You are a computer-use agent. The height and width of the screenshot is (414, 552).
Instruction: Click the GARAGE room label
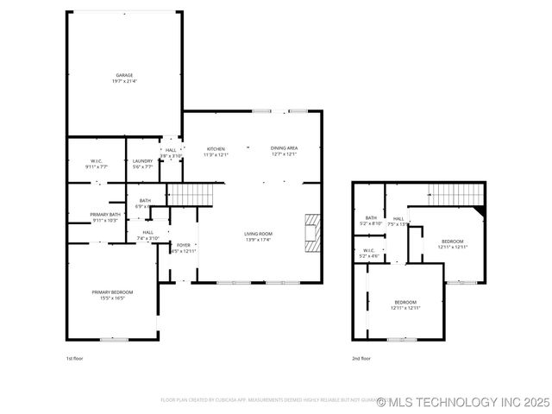125,75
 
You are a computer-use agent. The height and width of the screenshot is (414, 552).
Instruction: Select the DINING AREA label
285,148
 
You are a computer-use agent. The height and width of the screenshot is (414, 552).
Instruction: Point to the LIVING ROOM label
257,234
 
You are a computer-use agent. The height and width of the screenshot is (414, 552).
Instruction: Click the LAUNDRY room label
142,161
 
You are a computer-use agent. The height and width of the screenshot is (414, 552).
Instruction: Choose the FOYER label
184,245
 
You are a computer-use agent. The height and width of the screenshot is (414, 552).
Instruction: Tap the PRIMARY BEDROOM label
113,292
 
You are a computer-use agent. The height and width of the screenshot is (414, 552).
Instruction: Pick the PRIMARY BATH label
106,214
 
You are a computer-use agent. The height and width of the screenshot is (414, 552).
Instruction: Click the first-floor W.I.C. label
97,161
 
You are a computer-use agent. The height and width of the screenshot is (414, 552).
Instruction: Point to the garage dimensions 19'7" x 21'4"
125,81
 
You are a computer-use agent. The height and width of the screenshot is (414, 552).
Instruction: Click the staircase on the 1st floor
189,194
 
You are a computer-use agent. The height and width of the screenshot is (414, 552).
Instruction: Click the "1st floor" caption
75,358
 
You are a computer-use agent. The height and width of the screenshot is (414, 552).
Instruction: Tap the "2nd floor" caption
361,358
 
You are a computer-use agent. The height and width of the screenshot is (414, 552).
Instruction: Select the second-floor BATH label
371,218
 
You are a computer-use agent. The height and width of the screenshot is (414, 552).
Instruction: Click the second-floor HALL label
398,218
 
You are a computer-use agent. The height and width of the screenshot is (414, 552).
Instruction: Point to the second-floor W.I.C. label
368,251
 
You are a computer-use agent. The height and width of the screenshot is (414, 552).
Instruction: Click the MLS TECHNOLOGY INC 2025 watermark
462,402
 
